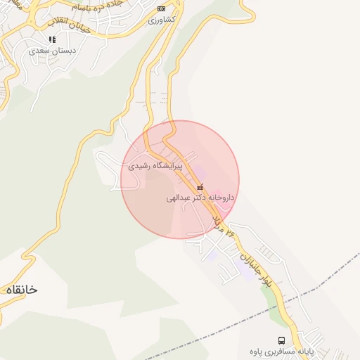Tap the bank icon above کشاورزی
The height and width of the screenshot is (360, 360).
coord(162,8)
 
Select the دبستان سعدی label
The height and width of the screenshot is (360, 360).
coord(53,51)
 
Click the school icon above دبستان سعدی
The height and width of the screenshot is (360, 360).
coord(52,39)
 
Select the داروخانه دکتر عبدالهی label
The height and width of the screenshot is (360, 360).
coord(200,198)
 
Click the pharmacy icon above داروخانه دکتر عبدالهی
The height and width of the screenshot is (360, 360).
coord(200,188)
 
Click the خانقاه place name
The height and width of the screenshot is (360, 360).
coord(21,290)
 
